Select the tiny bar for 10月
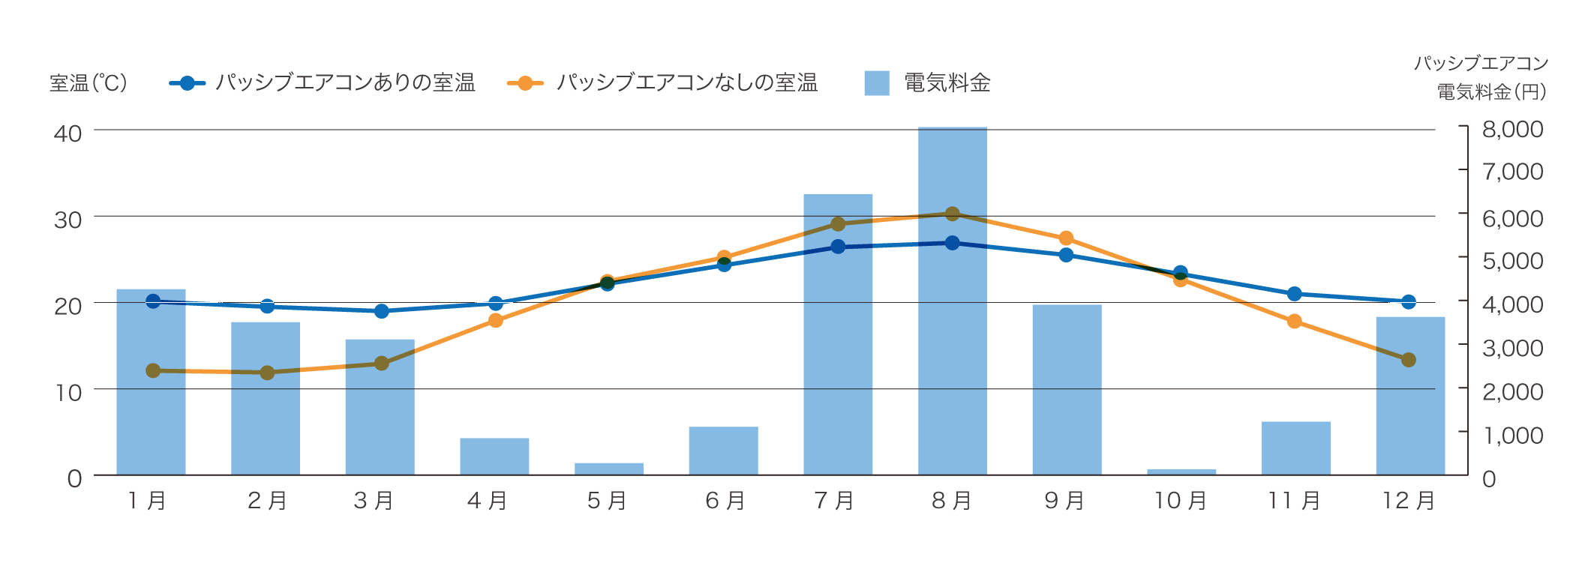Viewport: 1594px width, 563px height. [1181, 472]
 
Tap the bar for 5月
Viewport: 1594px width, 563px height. [608, 469]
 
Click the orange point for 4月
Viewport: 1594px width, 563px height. [495, 321]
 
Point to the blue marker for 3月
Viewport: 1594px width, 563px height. [381, 311]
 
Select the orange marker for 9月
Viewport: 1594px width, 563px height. [1066, 238]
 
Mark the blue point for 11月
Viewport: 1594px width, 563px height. [1294, 294]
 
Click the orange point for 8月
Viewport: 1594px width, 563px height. [952, 214]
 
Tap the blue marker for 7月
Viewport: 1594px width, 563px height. [838, 247]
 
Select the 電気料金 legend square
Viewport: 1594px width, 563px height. [876, 83]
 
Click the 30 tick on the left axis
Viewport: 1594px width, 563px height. [68, 220]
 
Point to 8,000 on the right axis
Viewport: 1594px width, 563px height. [1512, 129]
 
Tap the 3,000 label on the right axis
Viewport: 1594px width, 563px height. [1512, 348]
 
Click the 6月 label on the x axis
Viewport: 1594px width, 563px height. [725, 500]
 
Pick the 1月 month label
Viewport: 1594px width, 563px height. [147, 500]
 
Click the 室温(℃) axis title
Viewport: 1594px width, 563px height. [89, 82]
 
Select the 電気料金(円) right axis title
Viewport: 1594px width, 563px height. [1491, 92]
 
